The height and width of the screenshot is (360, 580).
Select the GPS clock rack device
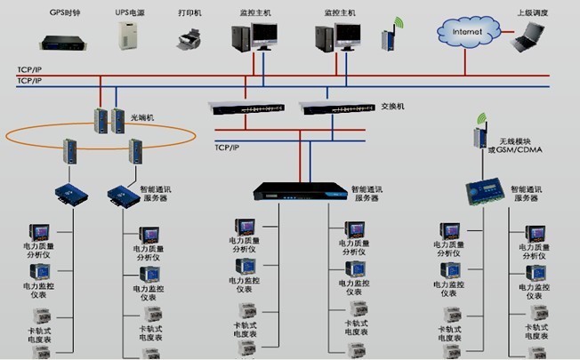click(x=64, y=39)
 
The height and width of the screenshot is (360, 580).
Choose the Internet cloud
click(x=468, y=33)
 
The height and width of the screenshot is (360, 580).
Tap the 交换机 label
click(x=392, y=107)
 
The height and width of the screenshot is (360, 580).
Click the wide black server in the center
click(x=298, y=190)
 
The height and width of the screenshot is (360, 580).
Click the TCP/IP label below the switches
click(x=229, y=148)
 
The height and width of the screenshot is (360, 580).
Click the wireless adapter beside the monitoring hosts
click(x=388, y=39)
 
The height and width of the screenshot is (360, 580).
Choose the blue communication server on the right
click(x=488, y=193)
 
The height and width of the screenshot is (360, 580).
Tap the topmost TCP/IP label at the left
click(x=28, y=68)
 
